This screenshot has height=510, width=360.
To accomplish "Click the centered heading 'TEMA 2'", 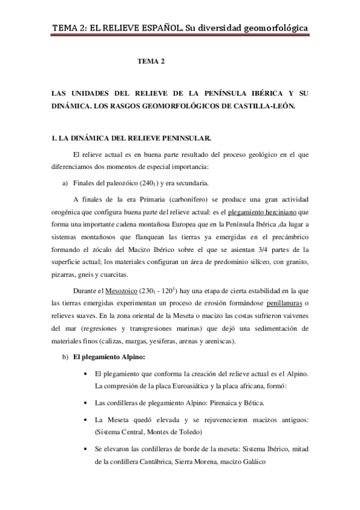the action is [x=151, y=61].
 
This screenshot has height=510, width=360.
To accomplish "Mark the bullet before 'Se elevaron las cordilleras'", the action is [x=90, y=449].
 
